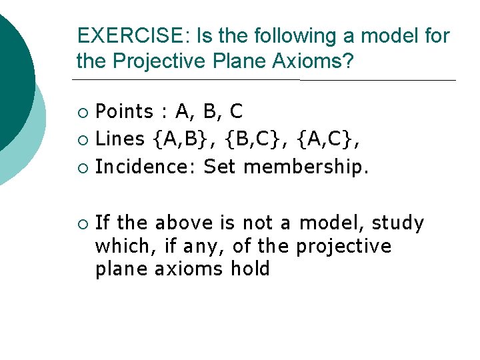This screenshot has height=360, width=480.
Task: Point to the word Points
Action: [124, 111]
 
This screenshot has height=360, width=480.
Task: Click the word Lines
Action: [120, 139]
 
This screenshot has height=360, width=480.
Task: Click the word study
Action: [398, 223]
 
